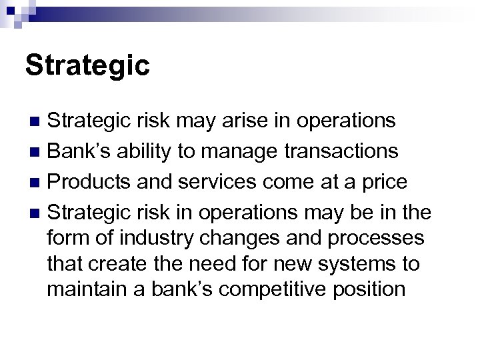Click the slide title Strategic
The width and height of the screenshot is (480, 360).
pyautogui.click(x=87, y=66)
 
